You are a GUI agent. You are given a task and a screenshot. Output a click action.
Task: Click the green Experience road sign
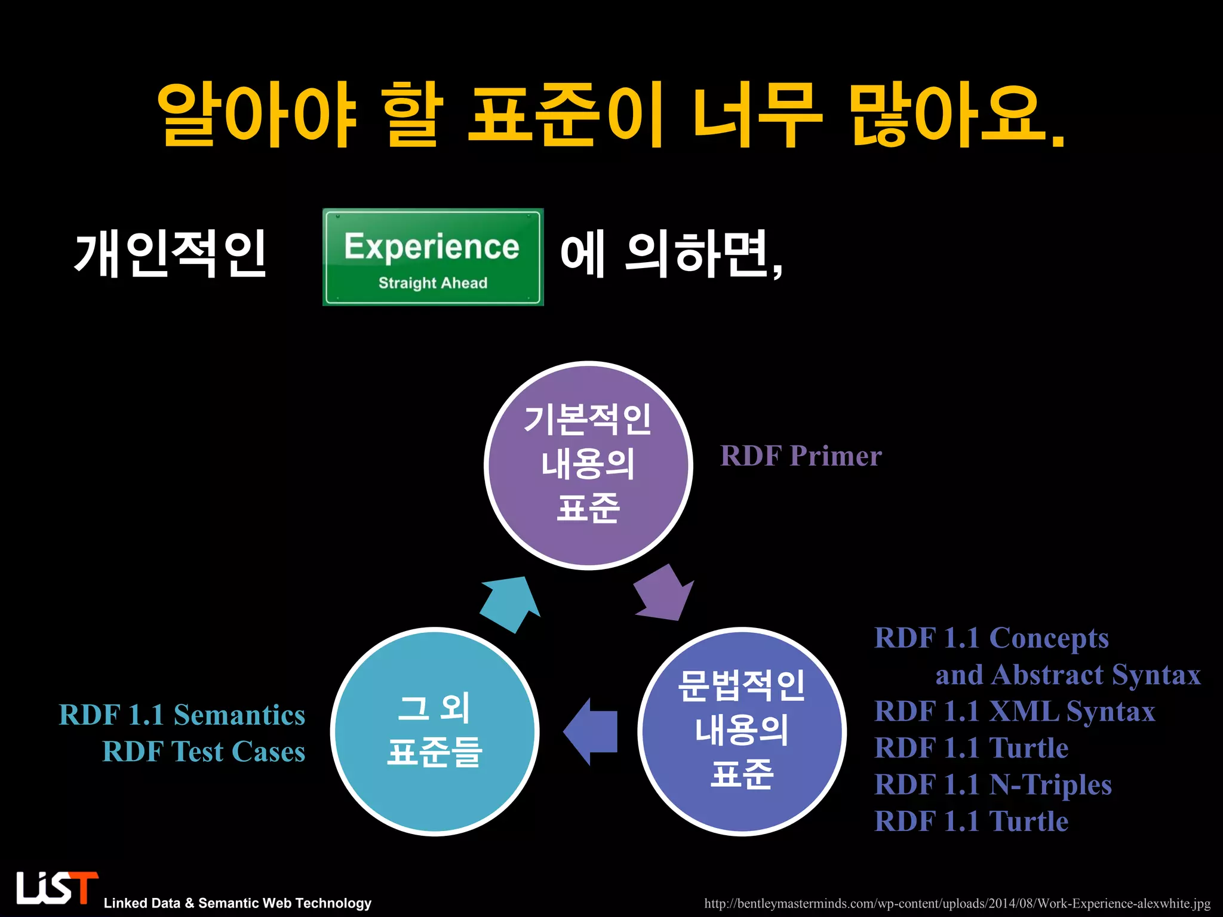pyautogui.click(x=432, y=257)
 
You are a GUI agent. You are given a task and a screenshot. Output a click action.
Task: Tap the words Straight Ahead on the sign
pyautogui.click(x=432, y=283)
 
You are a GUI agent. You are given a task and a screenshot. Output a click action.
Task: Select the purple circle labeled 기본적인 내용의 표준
pyautogui.click(x=588, y=465)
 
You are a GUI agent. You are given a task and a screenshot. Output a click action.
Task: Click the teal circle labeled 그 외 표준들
pyautogui.click(x=435, y=731)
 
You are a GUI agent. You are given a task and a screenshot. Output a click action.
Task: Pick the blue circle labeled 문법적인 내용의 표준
pyautogui.click(x=742, y=731)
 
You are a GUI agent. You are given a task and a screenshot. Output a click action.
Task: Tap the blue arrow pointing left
pyautogui.click(x=591, y=731)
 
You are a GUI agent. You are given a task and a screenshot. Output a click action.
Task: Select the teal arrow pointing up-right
pyautogui.click(x=510, y=604)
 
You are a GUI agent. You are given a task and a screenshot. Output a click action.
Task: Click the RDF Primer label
pyautogui.click(x=800, y=456)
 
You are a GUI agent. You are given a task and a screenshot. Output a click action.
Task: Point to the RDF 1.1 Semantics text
pyautogui.click(x=182, y=715)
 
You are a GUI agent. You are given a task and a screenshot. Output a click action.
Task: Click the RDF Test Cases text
pyautogui.click(x=204, y=752)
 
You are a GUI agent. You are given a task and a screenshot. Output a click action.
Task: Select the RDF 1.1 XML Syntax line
pyautogui.click(x=1015, y=712)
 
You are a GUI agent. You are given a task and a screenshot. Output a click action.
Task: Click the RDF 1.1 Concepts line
pyautogui.click(x=991, y=638)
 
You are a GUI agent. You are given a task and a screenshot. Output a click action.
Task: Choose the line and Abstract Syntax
pyautogui.click(x=1068, y=675)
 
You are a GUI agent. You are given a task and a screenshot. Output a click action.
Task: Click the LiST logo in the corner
pyautogui.click(x=57, y=888)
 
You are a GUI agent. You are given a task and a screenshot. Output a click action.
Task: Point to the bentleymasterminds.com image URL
pyautogui.click(x=957, y=903)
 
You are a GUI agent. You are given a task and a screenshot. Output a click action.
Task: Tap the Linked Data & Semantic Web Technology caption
pyautogui.click(x=237, y=903)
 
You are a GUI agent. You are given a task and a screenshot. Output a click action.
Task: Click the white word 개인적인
pyautogui.click(x=170, y=255)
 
